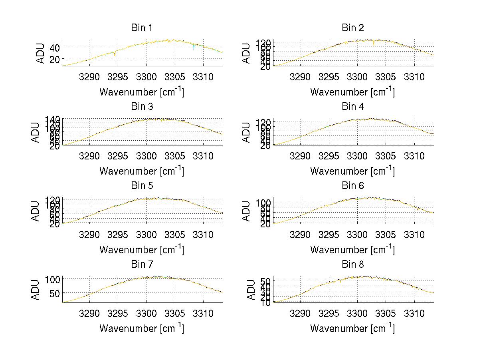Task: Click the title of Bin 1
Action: pos(142,28)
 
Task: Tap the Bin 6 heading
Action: pos(353,186)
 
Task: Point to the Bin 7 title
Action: pos(142,265)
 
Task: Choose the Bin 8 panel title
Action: pos(353,265)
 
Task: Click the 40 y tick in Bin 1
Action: pos(55,48)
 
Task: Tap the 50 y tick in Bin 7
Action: pos(55,293)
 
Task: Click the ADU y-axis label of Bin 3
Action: pos(36,132)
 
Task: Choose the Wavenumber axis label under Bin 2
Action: pos(352,92)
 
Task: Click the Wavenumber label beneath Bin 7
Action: pos(142,328)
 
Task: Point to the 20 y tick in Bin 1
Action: pos(55,59)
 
